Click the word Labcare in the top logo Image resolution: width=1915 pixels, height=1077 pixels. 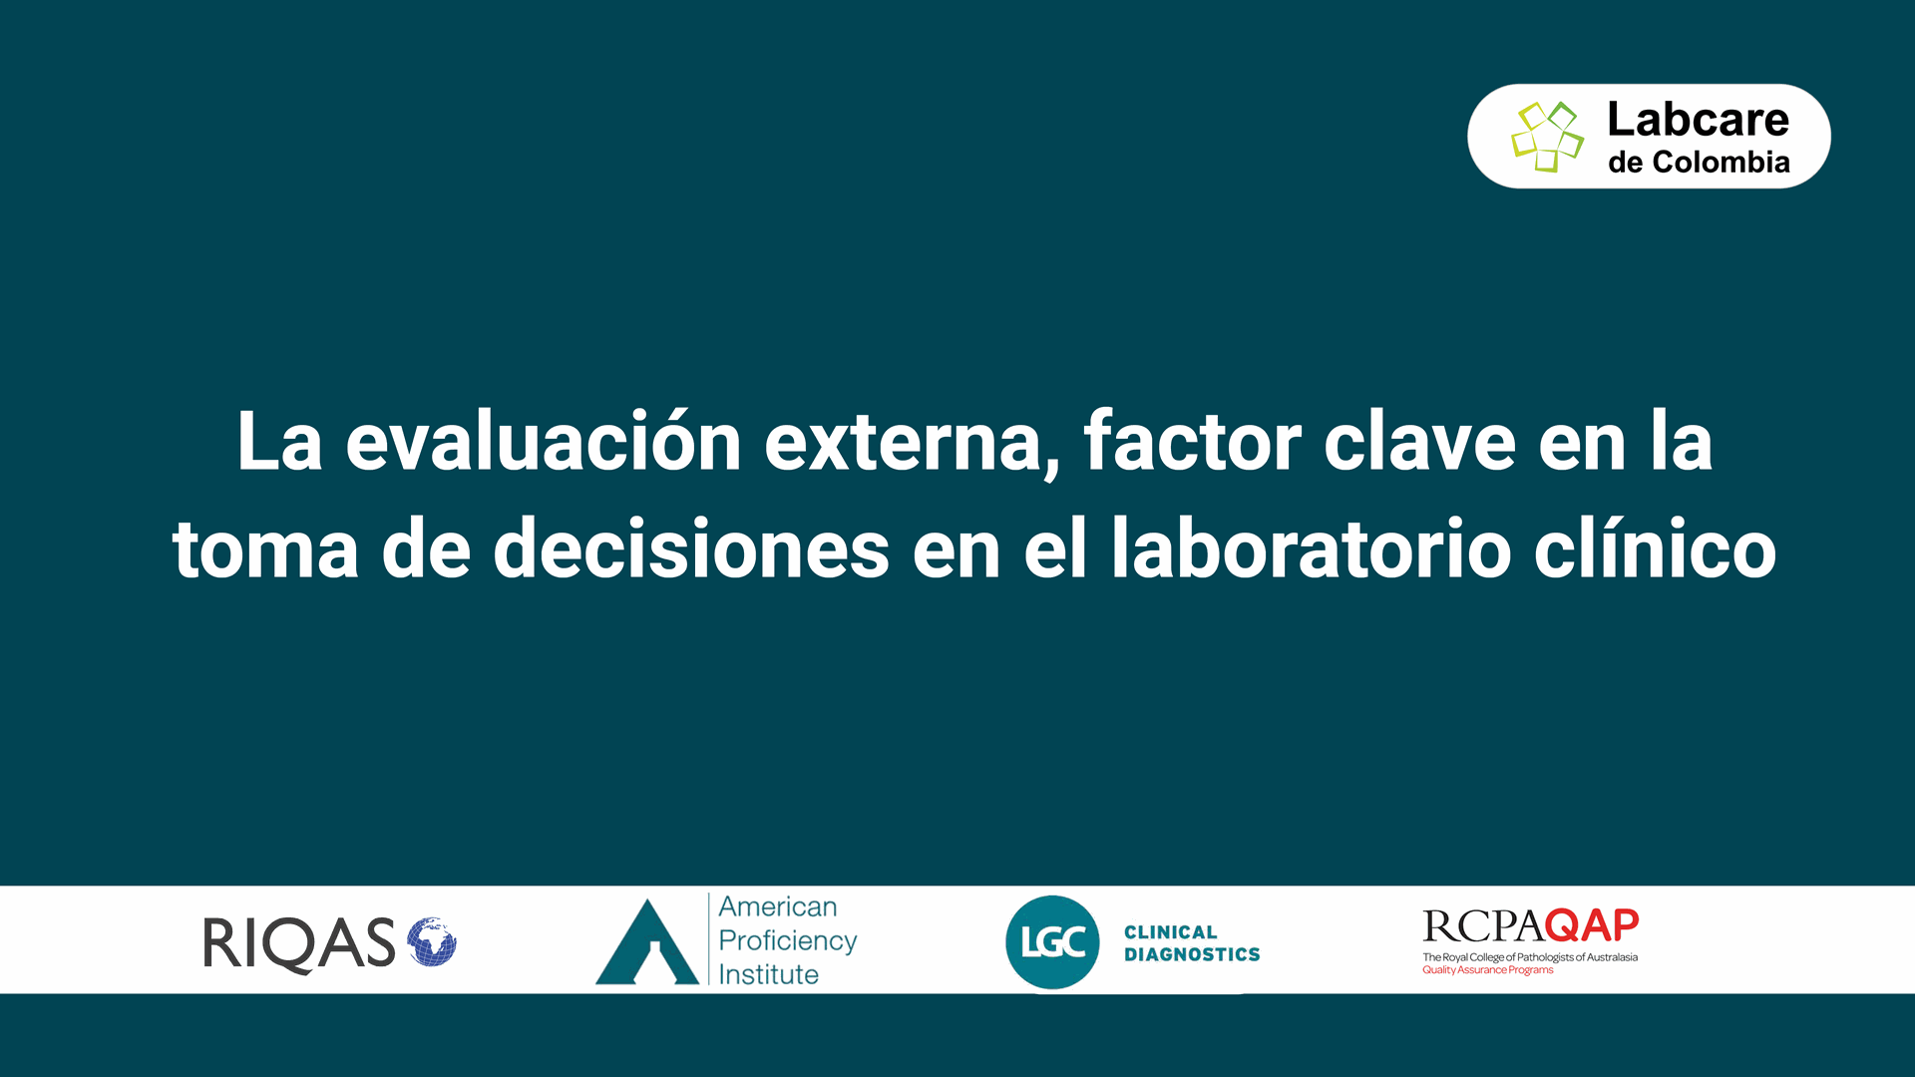click(1698, 120)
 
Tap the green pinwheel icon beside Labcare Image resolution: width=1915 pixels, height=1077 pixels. click(1547, 137)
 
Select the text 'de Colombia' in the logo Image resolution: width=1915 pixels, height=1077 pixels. click(1699, 163)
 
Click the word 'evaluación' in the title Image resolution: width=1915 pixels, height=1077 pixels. click(544, 442)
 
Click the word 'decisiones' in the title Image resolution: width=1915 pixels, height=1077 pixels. click(691, 547)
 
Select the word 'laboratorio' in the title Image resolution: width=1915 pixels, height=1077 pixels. click(1312, 547)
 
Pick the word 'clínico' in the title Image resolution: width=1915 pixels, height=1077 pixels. click(1656, 547)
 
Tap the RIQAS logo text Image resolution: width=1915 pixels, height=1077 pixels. click(299, 944)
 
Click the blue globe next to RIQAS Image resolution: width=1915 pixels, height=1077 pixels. click(431, 942)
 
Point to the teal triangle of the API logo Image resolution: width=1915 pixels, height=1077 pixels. click(647, 942)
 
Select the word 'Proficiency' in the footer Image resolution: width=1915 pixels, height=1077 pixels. click(788, 941)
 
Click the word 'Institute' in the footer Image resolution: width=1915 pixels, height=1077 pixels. click(769, 974)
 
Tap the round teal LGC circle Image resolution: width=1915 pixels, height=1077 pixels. click(1052, 942)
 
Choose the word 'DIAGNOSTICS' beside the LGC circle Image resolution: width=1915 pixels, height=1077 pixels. click(1192, 954)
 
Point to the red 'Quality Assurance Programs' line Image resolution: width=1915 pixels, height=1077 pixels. click(1488, 970)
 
